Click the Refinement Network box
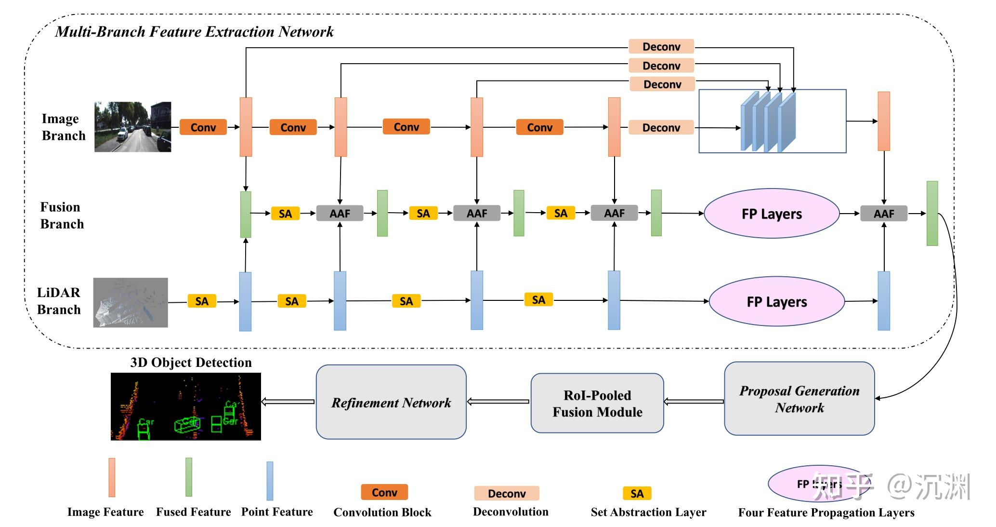point(391,402)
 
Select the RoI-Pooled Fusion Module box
point(597,403)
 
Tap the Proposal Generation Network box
point(799,399)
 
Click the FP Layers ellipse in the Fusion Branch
point(771,214)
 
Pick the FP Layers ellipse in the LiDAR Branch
point(776,301)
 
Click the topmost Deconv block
point(661,47)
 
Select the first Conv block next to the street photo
point(203,127)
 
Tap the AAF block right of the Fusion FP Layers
point(883,214)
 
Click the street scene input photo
point(132,127)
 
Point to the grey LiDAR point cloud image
point(131,302)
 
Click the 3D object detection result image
point(185,406)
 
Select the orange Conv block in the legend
point(384,492)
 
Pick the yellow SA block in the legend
point(637,493)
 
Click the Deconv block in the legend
point(507,493)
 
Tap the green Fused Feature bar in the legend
point(189,477)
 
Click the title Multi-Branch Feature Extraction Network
point(194,32)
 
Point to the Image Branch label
point(63,127)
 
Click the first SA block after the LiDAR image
point(201,301)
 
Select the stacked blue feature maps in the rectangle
point(768,122)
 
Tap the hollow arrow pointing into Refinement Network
point(498,402)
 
